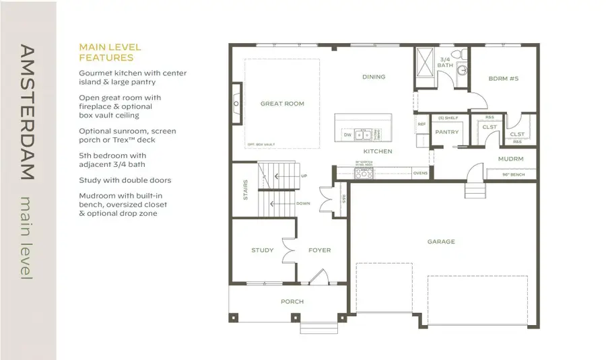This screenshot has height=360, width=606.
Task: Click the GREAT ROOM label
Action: (282, 104)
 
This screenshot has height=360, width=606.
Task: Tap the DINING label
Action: (374, 77)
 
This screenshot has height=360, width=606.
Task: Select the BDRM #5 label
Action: (503, 79)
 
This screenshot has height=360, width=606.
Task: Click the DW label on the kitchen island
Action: (347, 135)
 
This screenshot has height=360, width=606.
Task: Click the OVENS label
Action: (420, 173)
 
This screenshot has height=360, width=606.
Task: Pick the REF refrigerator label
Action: (422, 124)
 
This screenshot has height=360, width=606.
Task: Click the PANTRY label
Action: (446, 132)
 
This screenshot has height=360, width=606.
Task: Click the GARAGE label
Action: (441, 242)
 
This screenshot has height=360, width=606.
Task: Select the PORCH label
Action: (292, 301)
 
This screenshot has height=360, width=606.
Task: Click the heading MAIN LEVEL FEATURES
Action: (110, 52)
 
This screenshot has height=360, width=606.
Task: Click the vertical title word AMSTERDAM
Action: (27, 112)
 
